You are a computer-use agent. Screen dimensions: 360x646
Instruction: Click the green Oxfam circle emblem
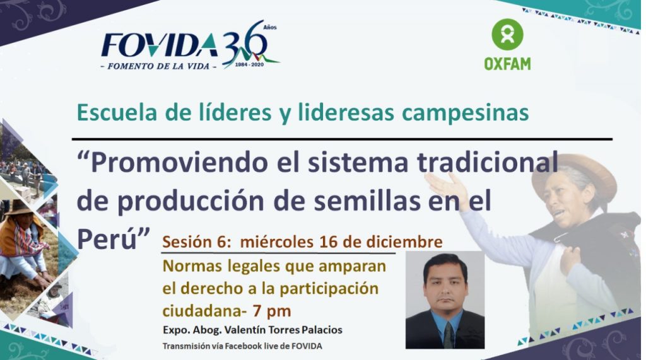tap(507, 34)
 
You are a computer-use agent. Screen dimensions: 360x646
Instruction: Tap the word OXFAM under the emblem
tap(507, 63)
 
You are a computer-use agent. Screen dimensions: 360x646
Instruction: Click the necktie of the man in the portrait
tap(447, 334)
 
